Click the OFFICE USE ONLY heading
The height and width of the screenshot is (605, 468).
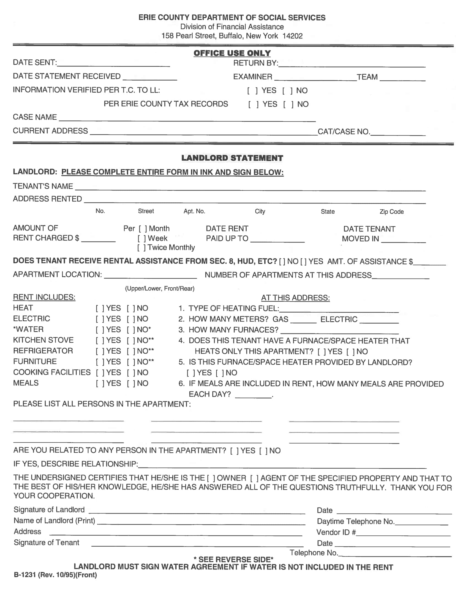click(x=232, y=53)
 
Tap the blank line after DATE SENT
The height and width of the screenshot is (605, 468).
click(x=114, y=64)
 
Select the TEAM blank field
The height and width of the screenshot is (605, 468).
click(x=402, y=78)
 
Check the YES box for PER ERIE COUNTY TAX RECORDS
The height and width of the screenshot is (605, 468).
click(x=253, y=105)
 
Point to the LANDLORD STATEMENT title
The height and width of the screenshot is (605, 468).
click(x=232, y=158)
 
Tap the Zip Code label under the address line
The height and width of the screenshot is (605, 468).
click(x=391, y=212)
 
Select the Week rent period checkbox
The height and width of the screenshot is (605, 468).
click(x=142, y=238)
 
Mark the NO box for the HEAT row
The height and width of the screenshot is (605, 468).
click(x=131, y=308)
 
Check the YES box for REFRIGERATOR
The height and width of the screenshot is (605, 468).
click(x=100, y=351)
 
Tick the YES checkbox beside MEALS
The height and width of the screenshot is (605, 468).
click(x=100, y=384)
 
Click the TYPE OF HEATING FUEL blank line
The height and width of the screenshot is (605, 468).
click(x=339, y=309)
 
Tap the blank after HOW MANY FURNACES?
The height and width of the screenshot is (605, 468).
click(x=340, y=331)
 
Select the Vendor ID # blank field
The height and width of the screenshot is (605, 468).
click(x=403, y=533)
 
